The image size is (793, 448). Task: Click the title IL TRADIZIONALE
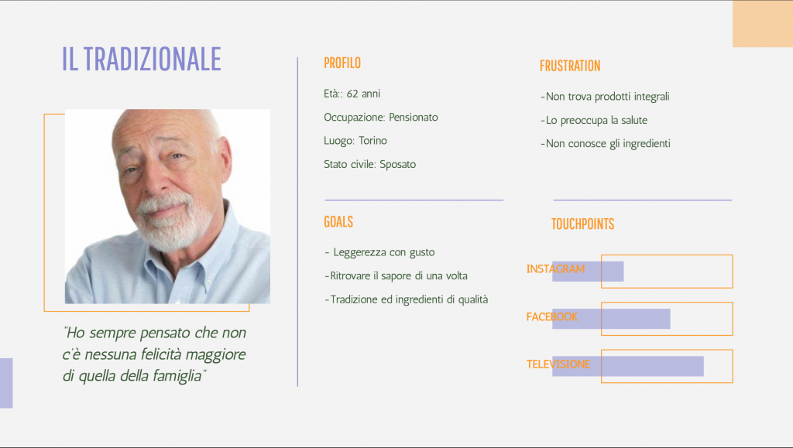point(142,59)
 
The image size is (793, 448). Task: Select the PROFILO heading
point(342,63)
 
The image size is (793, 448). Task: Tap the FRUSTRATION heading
point(570,66)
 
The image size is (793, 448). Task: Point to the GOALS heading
point(338,222)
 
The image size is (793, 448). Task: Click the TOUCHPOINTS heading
point(582,224)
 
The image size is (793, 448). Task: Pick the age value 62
point(352,94)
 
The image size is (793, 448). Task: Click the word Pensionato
point(414,117)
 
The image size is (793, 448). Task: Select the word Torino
point(372,140)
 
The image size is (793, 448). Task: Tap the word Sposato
point(397,164)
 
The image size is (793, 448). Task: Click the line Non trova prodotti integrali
point(605,97)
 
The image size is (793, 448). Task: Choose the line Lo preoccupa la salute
point(594,120)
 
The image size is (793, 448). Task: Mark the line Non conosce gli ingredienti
point(606,143)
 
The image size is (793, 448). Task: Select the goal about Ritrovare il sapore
point(396,275)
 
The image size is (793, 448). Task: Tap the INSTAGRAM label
point(555,268)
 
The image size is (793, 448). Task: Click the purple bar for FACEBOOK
point(611,319)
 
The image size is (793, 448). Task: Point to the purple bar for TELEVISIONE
point(627,366)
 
